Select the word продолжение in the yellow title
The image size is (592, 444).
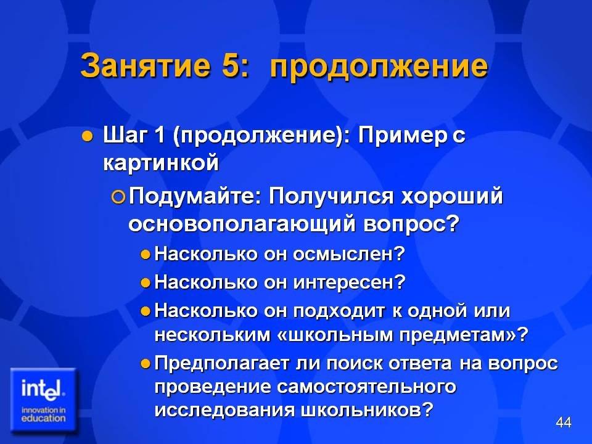click(379, 67)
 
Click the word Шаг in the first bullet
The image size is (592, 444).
click(124, 135)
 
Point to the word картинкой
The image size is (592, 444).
click(161, 163)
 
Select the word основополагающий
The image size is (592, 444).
click(242, 224)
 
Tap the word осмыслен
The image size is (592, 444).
click(349, 253)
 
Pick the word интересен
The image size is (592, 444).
click(349, 282)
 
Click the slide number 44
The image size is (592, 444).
click(564, 422)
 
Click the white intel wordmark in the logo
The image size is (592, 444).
click(43, 388)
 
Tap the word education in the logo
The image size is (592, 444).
click(43, 418)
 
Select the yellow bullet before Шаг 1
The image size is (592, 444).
click(87, 136)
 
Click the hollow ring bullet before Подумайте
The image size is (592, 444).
click(118, 197)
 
